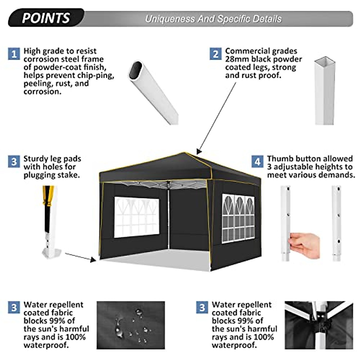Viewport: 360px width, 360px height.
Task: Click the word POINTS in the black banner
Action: coord(46,18)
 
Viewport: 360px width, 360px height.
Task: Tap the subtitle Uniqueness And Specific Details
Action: coord(213,19)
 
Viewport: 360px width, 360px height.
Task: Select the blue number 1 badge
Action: coord(14,54)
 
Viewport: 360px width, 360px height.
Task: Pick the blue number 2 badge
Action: coord(215,54)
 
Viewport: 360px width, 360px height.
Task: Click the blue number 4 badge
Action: coord(257,162)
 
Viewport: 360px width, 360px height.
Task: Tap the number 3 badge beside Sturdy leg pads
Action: coord(14,162)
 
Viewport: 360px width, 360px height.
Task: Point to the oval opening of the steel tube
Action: coord(136,71)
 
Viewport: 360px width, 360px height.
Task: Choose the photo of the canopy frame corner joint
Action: coord(319,325)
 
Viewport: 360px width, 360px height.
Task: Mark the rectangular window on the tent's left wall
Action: coord(136,217)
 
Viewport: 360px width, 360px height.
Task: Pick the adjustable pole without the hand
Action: coord(337,223)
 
